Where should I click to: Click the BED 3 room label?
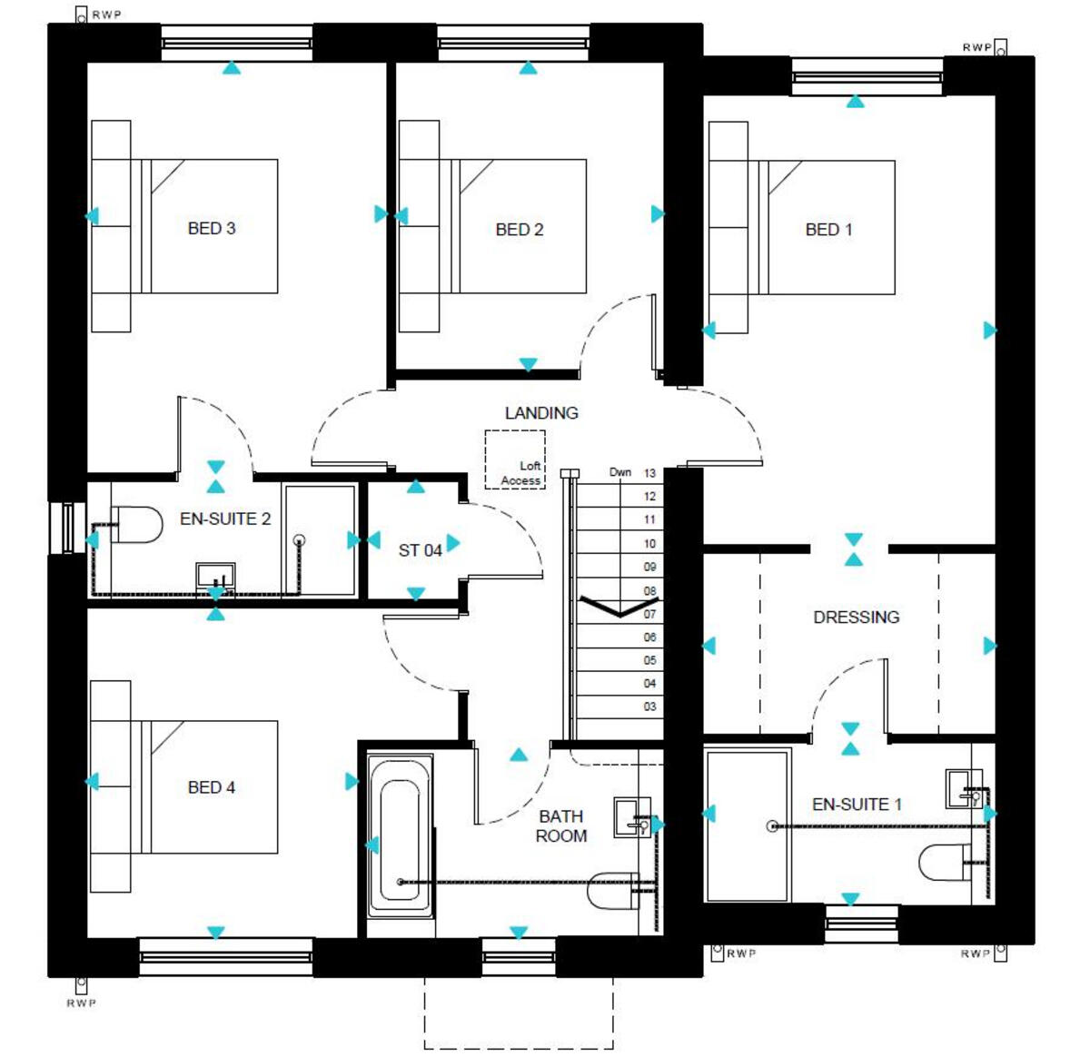point(211,228)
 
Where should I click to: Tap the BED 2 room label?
point(520,230)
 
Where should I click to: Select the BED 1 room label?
point(828,230)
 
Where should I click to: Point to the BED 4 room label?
point(211,787)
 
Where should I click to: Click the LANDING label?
point(541,412)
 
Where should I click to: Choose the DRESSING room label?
point(856,617)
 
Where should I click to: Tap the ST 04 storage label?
point(420,550)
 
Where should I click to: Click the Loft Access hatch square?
point(515,459)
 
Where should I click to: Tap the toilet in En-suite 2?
point(136,525)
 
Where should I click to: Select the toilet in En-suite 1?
point(945,863)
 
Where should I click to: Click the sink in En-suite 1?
point(963,788)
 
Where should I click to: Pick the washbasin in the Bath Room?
point(632,816)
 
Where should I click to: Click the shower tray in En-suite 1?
point(748,825)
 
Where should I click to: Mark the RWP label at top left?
point(106,15)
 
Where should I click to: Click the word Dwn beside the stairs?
point(620,472)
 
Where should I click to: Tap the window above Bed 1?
point(867,77)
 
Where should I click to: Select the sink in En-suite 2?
point(216,578)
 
